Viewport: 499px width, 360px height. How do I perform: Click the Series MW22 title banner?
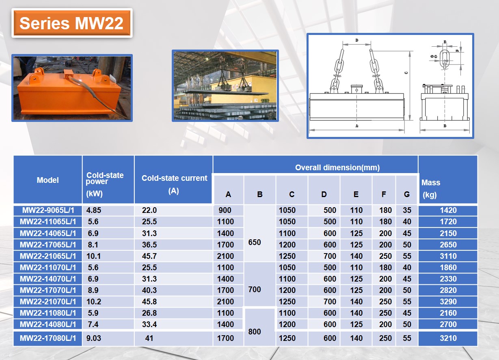[71, 23]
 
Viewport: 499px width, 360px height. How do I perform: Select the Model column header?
[48, 180]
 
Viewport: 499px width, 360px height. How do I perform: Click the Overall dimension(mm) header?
[337, 167]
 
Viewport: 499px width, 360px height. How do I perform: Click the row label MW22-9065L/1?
[48, 210]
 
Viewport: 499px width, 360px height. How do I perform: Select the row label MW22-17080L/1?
[48, 338]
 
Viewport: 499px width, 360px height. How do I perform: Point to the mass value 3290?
[448, 301]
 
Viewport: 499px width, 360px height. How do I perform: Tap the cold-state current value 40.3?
[149, 290]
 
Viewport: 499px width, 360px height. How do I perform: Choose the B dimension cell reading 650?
[255, 242]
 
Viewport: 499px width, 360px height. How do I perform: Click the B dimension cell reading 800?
[255, 332]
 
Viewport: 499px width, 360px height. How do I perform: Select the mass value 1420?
[448, 210]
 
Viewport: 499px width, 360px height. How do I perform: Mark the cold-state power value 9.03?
[94, 338]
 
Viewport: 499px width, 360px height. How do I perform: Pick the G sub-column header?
[407, 194]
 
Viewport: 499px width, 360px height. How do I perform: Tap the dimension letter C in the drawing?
[406, 73]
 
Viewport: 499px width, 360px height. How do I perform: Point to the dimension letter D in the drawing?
[356, 40]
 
